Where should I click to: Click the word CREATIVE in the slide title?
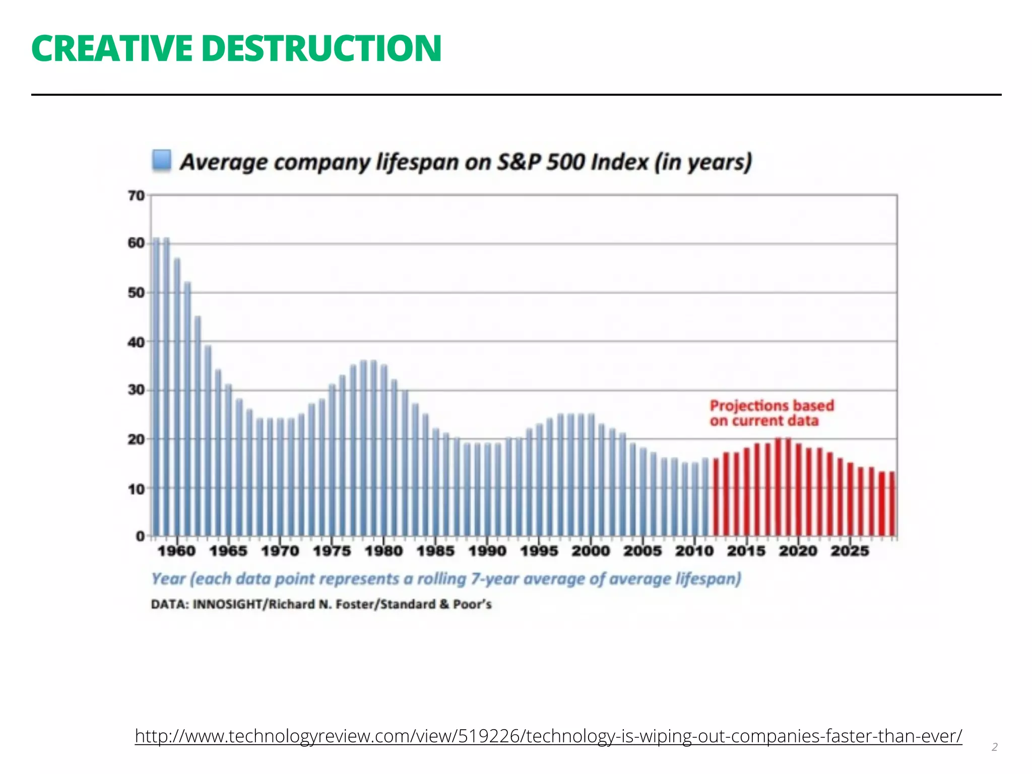[111, 48]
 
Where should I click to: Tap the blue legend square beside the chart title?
[162, 160]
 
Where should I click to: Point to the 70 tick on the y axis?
[136, 196]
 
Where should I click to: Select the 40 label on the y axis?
[136, 342]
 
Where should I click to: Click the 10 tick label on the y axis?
[136, 489]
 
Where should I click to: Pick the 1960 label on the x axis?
[176, 551]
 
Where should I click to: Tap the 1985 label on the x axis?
[435, 551]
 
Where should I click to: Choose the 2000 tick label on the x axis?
[591, 551]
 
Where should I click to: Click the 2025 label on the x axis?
[850, 551]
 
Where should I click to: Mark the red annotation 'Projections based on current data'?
[771, 413]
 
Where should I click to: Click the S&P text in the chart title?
[519, 162]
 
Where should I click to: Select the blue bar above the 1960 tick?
[177, 398]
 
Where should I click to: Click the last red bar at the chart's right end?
[892, 504]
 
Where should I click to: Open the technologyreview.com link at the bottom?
[548, 736]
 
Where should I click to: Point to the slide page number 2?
[994, 747]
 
